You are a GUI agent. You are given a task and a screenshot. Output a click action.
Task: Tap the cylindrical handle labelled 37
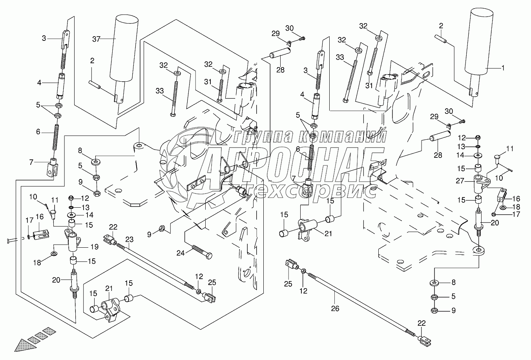(124, 47)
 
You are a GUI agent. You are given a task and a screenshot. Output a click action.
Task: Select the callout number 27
(460, 181)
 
